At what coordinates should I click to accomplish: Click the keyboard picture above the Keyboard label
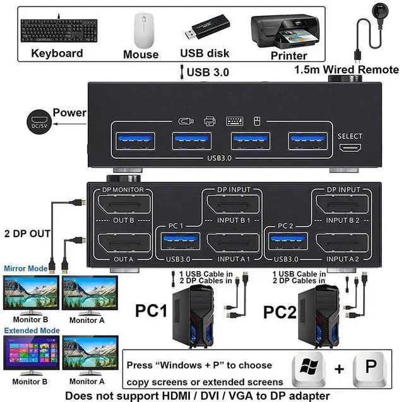pos(59,30)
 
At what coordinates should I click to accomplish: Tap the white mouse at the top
pos(144,30)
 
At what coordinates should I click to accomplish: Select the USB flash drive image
pos(207,27)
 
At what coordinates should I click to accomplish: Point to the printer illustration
pos(285,32)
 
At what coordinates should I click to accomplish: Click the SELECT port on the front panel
pos(350,148)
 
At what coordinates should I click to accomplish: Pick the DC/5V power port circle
pos(39,122)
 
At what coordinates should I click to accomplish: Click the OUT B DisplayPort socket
pos(124,204)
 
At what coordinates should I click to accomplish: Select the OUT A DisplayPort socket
pos(124,243)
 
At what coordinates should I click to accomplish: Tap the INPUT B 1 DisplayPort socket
pos(233,204)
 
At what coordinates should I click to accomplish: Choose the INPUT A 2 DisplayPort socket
pos(342,243)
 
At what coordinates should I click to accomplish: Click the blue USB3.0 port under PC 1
pos(181,241)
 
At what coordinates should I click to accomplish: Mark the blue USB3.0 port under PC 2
pos(288,241)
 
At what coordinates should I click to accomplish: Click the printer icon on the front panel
pos(210,121)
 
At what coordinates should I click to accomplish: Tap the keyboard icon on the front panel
pos(234,121)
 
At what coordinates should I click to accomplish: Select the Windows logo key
pos(309,368)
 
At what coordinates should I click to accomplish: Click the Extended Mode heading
pos(32,331)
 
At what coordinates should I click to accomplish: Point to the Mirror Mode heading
pos(26,268)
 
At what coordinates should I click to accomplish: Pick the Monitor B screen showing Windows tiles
pos(32,353)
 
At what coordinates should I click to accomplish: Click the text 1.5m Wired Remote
pos(347,69)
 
